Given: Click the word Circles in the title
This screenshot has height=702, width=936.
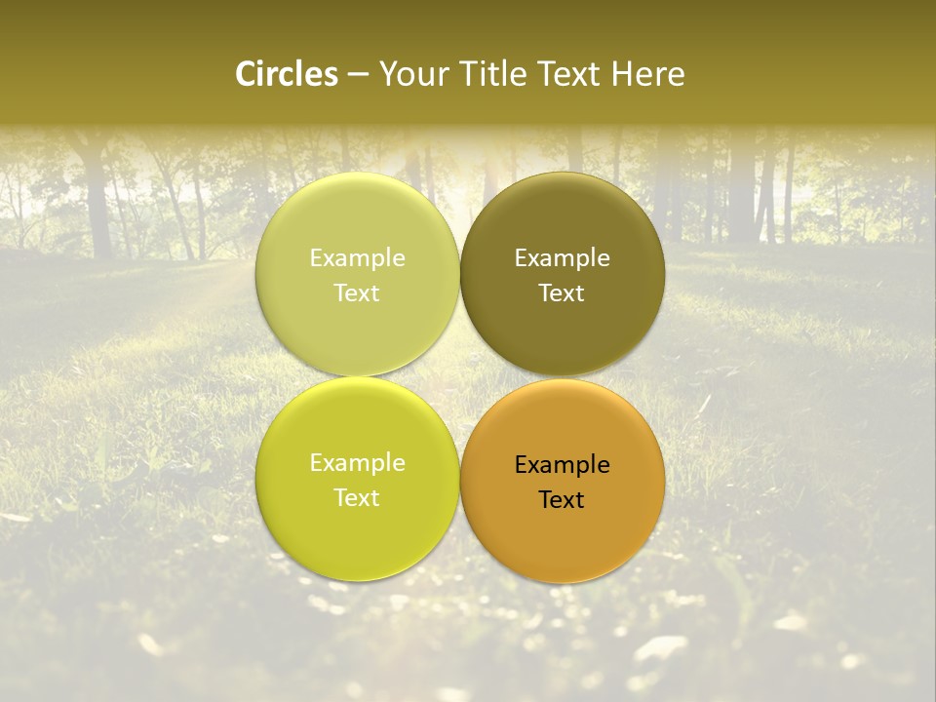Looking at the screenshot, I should pos(287,74).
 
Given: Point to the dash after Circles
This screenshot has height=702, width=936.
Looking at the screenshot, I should pos(358,75).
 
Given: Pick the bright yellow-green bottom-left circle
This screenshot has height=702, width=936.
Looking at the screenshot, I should pos(357,526).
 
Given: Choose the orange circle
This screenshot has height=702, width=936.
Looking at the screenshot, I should pos(562,531).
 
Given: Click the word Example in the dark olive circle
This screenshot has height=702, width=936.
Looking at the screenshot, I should pos(562,258).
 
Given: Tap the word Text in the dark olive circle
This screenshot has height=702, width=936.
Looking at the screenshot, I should pos(562,292).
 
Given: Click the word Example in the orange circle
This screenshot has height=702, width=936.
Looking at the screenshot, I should pos(562,465).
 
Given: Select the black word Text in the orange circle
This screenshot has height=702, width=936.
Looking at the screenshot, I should pos(562,499).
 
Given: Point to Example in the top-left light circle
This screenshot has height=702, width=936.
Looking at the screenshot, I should pos(357,258).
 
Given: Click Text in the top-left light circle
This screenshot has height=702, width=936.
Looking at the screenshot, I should pos(357,292).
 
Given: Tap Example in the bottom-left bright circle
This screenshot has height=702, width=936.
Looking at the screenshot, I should pos(357,463).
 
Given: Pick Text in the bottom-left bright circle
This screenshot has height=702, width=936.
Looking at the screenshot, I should pos(357,497).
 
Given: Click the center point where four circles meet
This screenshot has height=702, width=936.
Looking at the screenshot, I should pos(459,377).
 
